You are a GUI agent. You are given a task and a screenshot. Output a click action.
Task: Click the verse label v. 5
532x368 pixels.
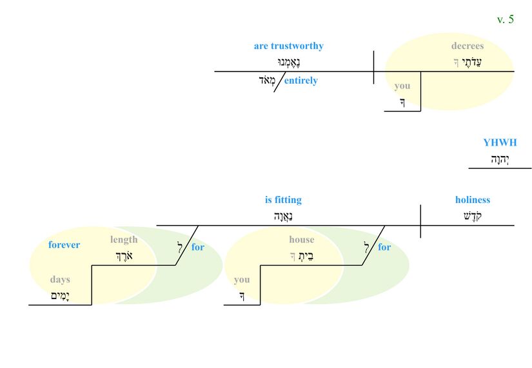505,19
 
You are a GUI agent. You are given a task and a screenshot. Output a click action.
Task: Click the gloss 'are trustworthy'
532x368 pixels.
288,46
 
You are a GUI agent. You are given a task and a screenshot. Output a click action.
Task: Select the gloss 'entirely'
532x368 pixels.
301,81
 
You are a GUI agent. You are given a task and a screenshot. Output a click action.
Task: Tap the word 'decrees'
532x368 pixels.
467,46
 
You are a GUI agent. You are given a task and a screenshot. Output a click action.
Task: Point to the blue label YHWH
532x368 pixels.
500,142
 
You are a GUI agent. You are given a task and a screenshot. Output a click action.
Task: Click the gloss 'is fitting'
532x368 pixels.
283,200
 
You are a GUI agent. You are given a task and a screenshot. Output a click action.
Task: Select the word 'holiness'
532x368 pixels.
472,200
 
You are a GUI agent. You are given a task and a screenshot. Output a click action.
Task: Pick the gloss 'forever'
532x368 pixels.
64,245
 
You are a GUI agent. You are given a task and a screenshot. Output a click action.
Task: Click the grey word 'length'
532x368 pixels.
124,240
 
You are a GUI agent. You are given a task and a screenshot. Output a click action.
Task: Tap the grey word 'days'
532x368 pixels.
60,280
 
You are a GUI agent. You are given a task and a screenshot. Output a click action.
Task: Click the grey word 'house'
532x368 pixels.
301,240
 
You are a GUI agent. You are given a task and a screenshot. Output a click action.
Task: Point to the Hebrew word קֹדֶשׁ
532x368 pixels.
472,216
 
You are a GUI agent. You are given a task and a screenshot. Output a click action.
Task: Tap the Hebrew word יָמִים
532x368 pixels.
60,296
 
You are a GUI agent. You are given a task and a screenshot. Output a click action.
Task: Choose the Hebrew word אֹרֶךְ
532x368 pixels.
124,256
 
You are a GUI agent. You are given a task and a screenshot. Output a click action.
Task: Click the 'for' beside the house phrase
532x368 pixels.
384,247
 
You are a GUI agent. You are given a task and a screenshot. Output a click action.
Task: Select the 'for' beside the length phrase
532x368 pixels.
198,247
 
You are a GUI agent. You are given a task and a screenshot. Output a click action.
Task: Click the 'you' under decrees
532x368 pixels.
402,86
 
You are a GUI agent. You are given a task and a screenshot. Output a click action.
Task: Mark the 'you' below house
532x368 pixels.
242,280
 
